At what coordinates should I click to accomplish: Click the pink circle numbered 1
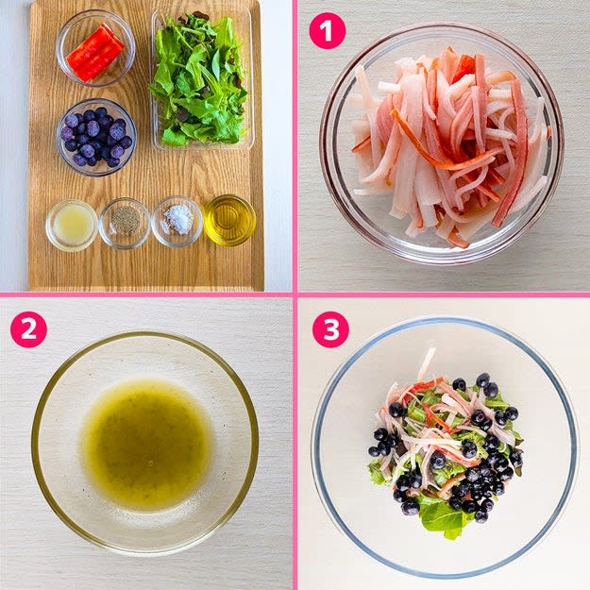(327, 31)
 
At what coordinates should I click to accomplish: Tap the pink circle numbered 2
(28, 329)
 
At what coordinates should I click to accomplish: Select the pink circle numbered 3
(330, 329)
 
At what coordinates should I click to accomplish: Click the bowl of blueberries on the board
(96, 137)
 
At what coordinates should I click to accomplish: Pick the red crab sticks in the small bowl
(95, 52)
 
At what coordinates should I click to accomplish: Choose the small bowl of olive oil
(230, 220)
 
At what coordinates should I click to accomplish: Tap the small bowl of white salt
(177, 222)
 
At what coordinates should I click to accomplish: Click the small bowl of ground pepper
(125, 223)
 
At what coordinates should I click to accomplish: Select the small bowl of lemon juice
(72, 225)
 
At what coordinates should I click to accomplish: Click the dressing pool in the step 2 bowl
(146, 444)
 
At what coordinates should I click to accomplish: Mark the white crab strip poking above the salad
(427, 363)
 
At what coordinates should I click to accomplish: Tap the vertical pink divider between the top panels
(295, 146)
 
